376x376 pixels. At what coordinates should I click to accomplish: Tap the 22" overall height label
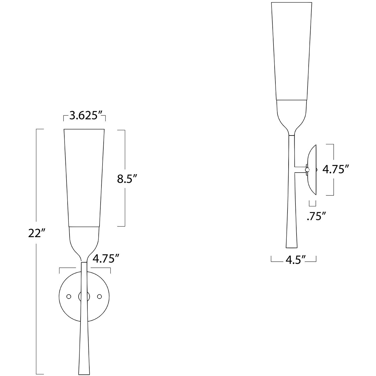coord(36,234)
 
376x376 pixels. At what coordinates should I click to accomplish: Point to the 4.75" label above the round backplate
coord(106,259)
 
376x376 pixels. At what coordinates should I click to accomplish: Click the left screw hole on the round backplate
coord(69,296)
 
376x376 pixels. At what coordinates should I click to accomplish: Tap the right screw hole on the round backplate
coord(99,296)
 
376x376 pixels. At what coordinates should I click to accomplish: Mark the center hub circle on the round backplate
coord(84,296)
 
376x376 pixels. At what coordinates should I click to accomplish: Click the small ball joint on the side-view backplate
coord(308,170)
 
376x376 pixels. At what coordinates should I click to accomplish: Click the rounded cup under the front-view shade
coord(84,239)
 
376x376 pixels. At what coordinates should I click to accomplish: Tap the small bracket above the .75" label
coord(313,204)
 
